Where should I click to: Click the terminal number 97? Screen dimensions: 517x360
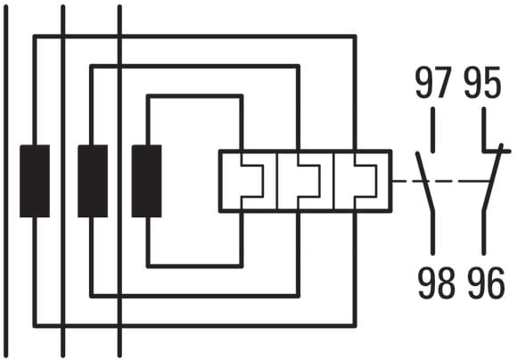(x=433, y=82)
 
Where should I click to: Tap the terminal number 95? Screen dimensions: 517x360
(x=482, y=82)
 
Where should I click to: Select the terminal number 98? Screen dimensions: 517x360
(x=436, y=283)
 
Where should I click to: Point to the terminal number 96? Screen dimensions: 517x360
(x=487, y=283)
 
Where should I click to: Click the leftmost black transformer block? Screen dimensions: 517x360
(x=35, y=181)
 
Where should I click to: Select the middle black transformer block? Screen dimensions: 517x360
(x=93, y=181)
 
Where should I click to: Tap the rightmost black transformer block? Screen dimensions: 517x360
(x=147, y=181)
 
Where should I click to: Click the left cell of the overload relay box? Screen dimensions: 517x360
(x=249, y=181)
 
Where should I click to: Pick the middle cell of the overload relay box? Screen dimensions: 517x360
(x=306, y=181)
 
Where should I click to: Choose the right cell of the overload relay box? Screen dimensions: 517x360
(x=363, y=181)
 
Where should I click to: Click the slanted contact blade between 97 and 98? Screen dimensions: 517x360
(x=425, y=181)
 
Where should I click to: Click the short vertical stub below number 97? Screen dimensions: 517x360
(x=432, y=130)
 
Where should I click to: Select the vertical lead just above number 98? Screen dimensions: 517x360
(x=433, y=233)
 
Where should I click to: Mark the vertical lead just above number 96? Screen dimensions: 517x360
(x=484, y=233)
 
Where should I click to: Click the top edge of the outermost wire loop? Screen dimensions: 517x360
(x=195, y=37)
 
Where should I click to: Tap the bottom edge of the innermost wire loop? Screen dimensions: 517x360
(x=195, y=266)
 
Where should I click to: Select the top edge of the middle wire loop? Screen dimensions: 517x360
(x=195, y=66)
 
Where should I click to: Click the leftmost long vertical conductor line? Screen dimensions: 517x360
(x=6, y=181)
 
